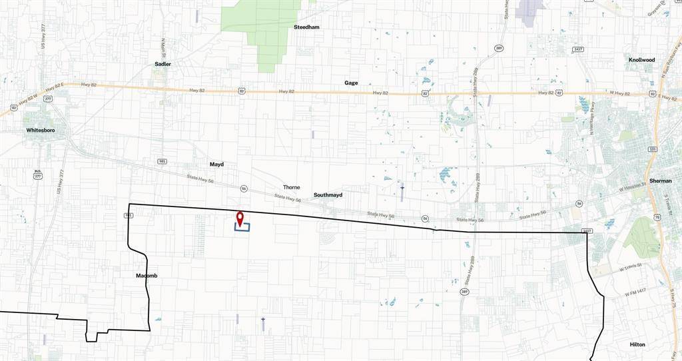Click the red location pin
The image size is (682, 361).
[x=240, y=217]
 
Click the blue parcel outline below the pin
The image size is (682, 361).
[x=242, y=228]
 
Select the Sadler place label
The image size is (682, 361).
[x=163, y=64]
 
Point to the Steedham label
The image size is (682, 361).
[x=306, y=27]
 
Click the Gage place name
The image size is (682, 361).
[x=351, y=83]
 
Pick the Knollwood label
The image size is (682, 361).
[x=641, y=60]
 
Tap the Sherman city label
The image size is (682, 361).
[x=660, y=180]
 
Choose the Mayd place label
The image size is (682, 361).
[x=217, y=164]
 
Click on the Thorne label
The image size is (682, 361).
[x=292, y=187]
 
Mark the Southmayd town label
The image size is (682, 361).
[x=328, y=195]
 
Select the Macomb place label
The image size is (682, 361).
[x=147, y=275]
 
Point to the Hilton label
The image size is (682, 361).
[x=637, y=344]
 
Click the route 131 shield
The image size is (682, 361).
[x=653, y=149]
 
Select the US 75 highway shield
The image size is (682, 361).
[x=657, y=217]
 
